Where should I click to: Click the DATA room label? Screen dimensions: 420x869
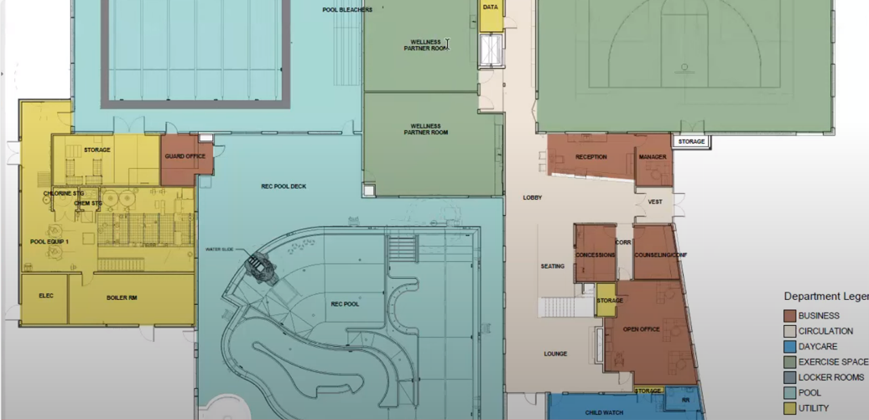(x=491, y=7)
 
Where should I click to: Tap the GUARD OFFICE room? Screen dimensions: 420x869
(x=185, y=156)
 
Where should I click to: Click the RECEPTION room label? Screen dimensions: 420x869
(x=591, y=157)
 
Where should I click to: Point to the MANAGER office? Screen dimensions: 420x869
(x=652, y=157)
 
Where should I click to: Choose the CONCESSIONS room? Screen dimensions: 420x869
(x=596, y=255)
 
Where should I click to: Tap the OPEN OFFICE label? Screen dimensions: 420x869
(x=643, y=329)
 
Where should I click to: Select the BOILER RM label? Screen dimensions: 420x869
(x=122, y=297)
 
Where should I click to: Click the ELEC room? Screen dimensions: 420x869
(x=46, y=296)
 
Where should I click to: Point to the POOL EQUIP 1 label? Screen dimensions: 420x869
(x=49, y=241)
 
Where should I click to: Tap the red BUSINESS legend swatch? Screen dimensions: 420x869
(x=789, y=316)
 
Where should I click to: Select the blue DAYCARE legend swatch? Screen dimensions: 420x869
(x=789, y=346)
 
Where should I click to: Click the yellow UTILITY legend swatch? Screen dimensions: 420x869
(x=789, y=408)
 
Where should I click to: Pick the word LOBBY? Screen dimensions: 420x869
(x=533, y=198)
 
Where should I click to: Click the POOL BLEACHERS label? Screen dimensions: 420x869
(x=347, y=10)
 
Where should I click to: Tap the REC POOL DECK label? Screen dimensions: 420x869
(x=284, y=186)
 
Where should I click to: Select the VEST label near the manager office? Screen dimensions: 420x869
(x=656, y=202)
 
